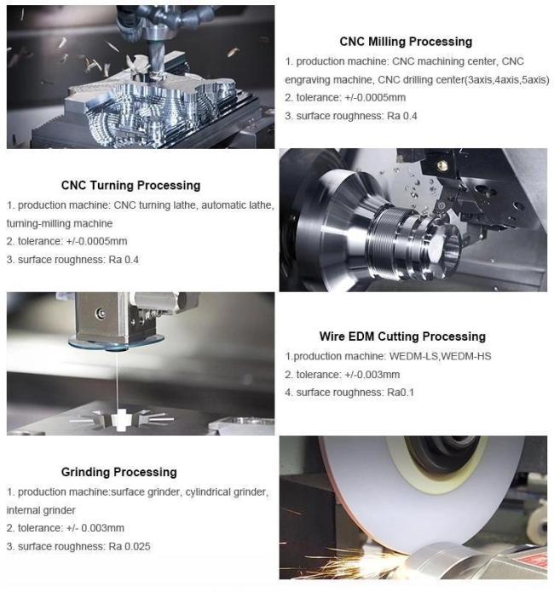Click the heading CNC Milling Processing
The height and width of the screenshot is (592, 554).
click(x=405, y=41)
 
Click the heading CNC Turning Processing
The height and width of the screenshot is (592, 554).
click(x=130, y=185)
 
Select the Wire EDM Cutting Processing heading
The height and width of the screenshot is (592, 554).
click(x=402, y=336)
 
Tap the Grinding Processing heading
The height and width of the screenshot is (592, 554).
click(x=118, y=472)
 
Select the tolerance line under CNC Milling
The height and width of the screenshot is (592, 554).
click(x=344, y=97)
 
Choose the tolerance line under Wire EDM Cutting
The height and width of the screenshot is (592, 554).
click(x=342, y=374)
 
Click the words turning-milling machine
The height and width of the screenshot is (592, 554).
click(x=60, y=223)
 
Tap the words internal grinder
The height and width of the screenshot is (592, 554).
click(x=40, y=510)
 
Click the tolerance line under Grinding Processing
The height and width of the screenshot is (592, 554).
click(x=66, y=528)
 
